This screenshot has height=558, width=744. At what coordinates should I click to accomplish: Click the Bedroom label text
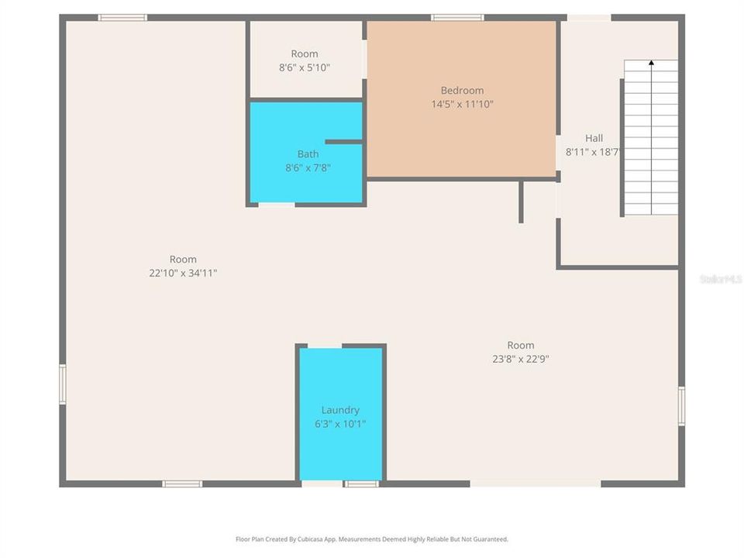coord(462,90)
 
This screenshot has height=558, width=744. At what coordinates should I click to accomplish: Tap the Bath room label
coord(308,153)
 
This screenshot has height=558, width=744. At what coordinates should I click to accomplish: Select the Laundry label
coord(340,410)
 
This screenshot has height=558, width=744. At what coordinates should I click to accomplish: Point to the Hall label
coord(594,138)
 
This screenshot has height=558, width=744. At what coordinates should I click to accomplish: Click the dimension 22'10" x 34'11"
coord(183,273)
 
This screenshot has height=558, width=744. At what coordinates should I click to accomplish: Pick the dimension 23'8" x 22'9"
coord(521,359)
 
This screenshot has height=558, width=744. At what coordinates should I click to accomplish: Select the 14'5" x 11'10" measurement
coord(462,104)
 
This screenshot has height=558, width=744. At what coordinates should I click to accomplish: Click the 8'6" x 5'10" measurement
coord(305,67)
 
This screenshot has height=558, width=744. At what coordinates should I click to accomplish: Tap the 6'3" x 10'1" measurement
coord(340,424)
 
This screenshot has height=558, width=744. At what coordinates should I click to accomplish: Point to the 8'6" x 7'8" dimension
coord(308,167)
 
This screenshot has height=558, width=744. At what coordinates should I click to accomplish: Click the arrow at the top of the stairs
coord(651,62)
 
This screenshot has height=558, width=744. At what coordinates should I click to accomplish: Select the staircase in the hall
coord(651,139)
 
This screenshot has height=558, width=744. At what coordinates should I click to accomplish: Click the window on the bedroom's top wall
coord(457,17)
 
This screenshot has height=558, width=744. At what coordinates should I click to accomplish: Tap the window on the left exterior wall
coord(63,384)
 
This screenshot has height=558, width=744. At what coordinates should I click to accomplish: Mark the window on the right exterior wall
coord(682,406)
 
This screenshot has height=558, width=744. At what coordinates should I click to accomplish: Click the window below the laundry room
coord(361,484)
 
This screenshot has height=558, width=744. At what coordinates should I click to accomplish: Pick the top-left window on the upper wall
coord(122,17)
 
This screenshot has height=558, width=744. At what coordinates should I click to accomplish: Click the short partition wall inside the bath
coord(343,142)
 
